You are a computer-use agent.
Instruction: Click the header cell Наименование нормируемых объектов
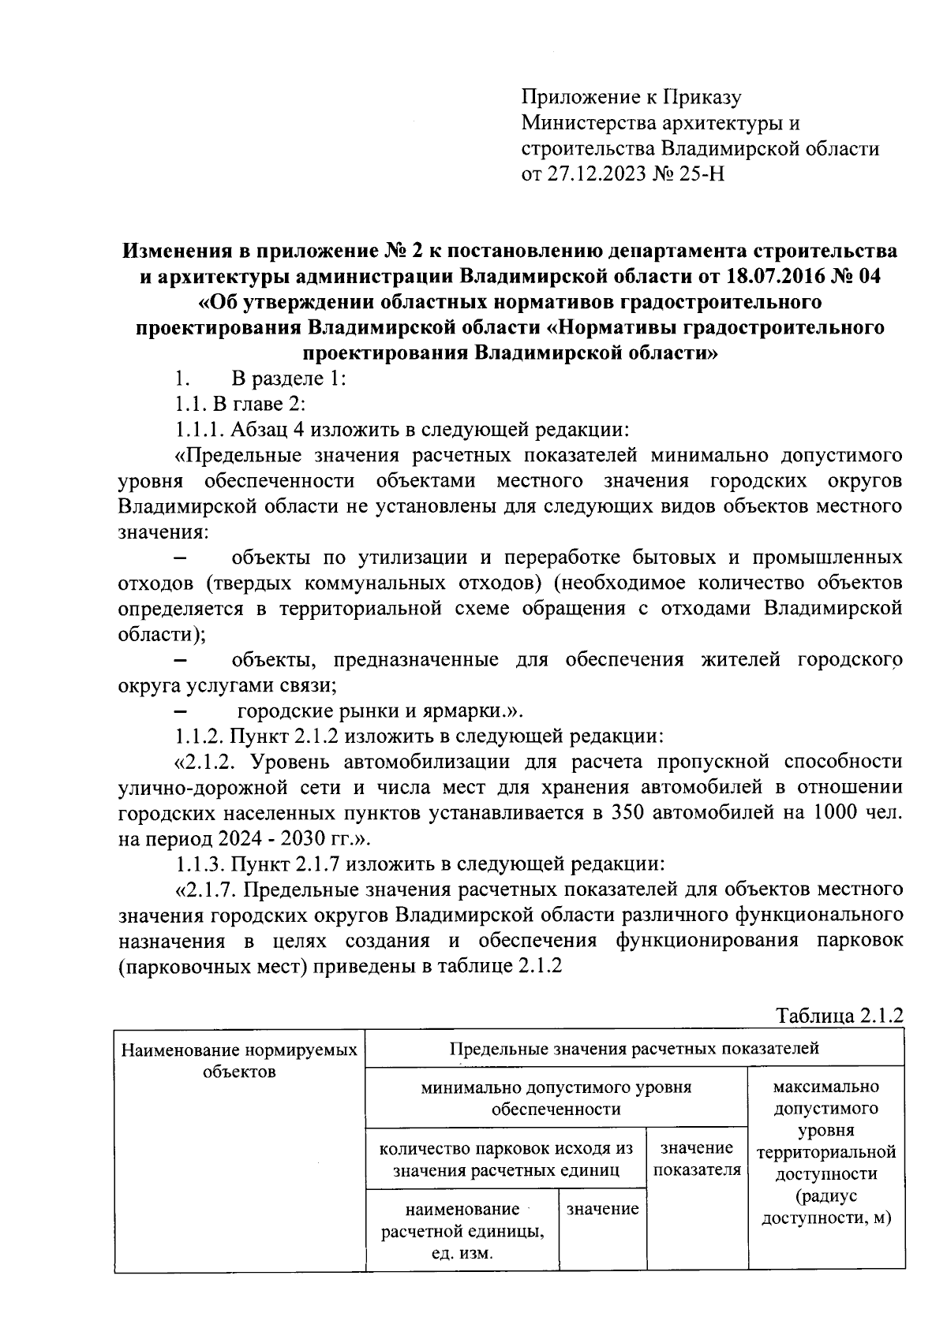click(x=239, y=1061)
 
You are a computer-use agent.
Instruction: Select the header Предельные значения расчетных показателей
click(x=634, y=1048)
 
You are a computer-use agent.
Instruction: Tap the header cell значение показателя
click(x=697, y=1158)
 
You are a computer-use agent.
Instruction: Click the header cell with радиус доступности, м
click(x=825, y=1207)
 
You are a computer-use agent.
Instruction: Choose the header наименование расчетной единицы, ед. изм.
click(x=462, y=1231)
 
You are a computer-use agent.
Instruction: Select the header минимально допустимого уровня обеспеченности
click(x=556, y=1098)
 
